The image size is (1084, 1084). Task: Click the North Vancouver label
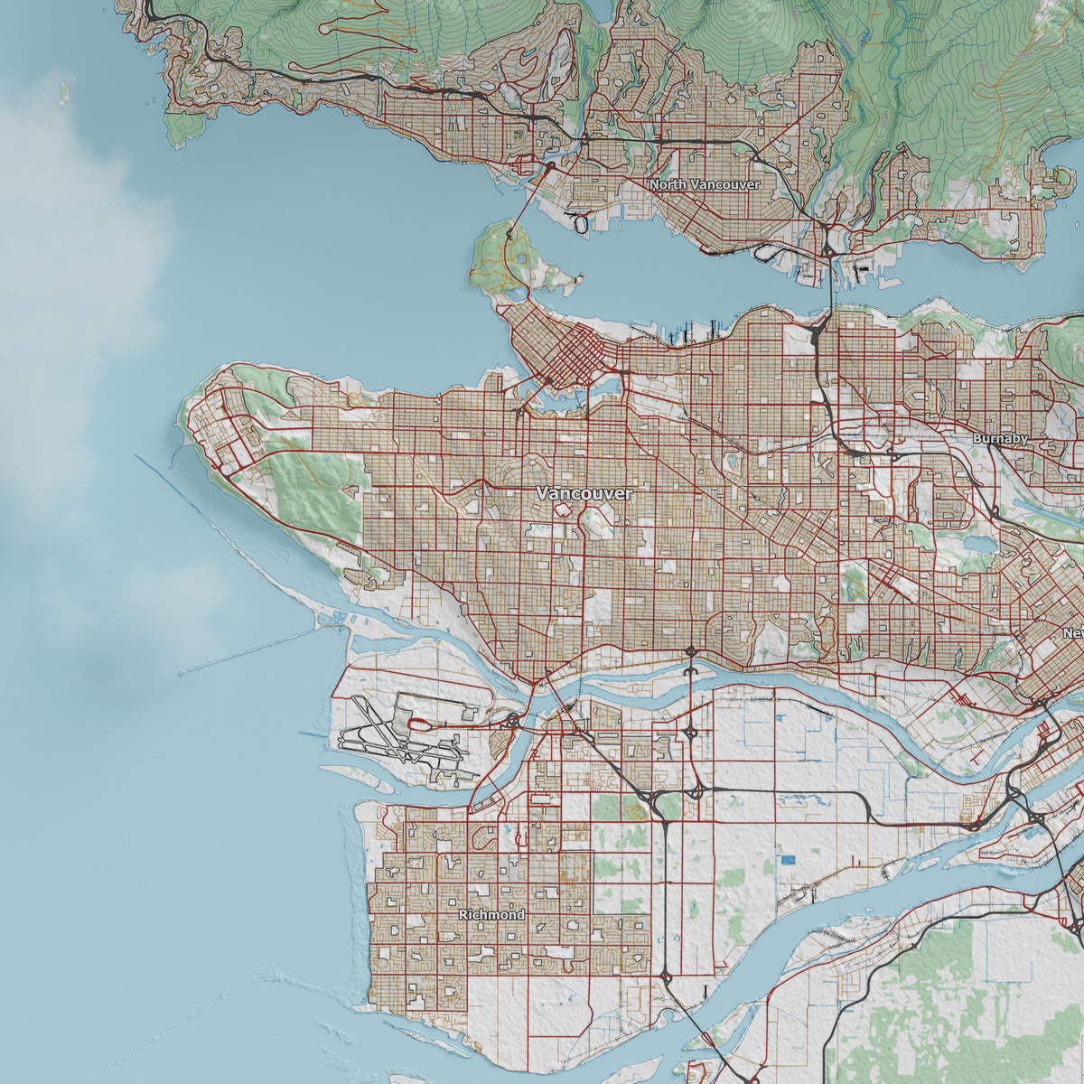(x=705, y=184)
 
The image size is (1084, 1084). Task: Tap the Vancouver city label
(x=584, y=494)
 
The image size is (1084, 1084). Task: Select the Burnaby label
(x=1000, y=438)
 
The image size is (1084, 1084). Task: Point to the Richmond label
(x=491, y=915)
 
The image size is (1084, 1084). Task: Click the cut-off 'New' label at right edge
(x=1072, y=633)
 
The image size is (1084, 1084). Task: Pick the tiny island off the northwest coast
(x=64, y=92)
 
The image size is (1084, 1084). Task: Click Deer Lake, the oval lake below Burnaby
(x=977, y=545)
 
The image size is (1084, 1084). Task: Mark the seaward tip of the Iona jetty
(x=180, y=673)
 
